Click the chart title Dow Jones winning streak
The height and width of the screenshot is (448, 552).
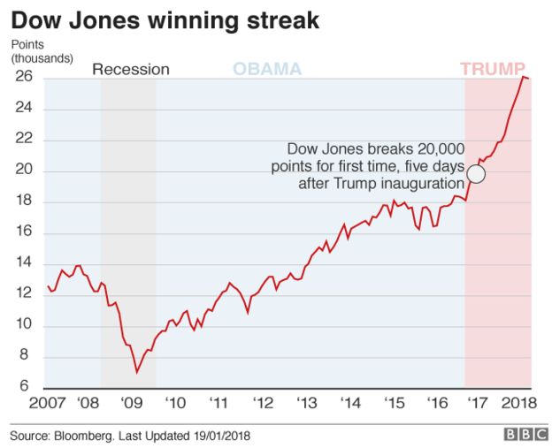pyautogui.click(x=165, y=19)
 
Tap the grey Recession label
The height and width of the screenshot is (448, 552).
pyautogui.click(x=131, y=70)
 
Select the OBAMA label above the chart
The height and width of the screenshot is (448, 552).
pyautogui.click(x=266, y=69)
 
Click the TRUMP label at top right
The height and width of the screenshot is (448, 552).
pyautogui.click(x=493, y=69)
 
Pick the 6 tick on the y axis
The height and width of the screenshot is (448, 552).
pyautogui.click(x=27, y=387)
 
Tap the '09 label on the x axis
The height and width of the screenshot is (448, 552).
pyautogui.click(x=132, y=405)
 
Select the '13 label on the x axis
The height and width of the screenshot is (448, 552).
pyautogui.click(x=306, y=405)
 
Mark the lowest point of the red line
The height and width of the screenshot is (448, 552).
pyautogui.click(x=136, y=372)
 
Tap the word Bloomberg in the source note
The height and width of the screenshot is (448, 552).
pyautogui.click(x=89, y=434)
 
